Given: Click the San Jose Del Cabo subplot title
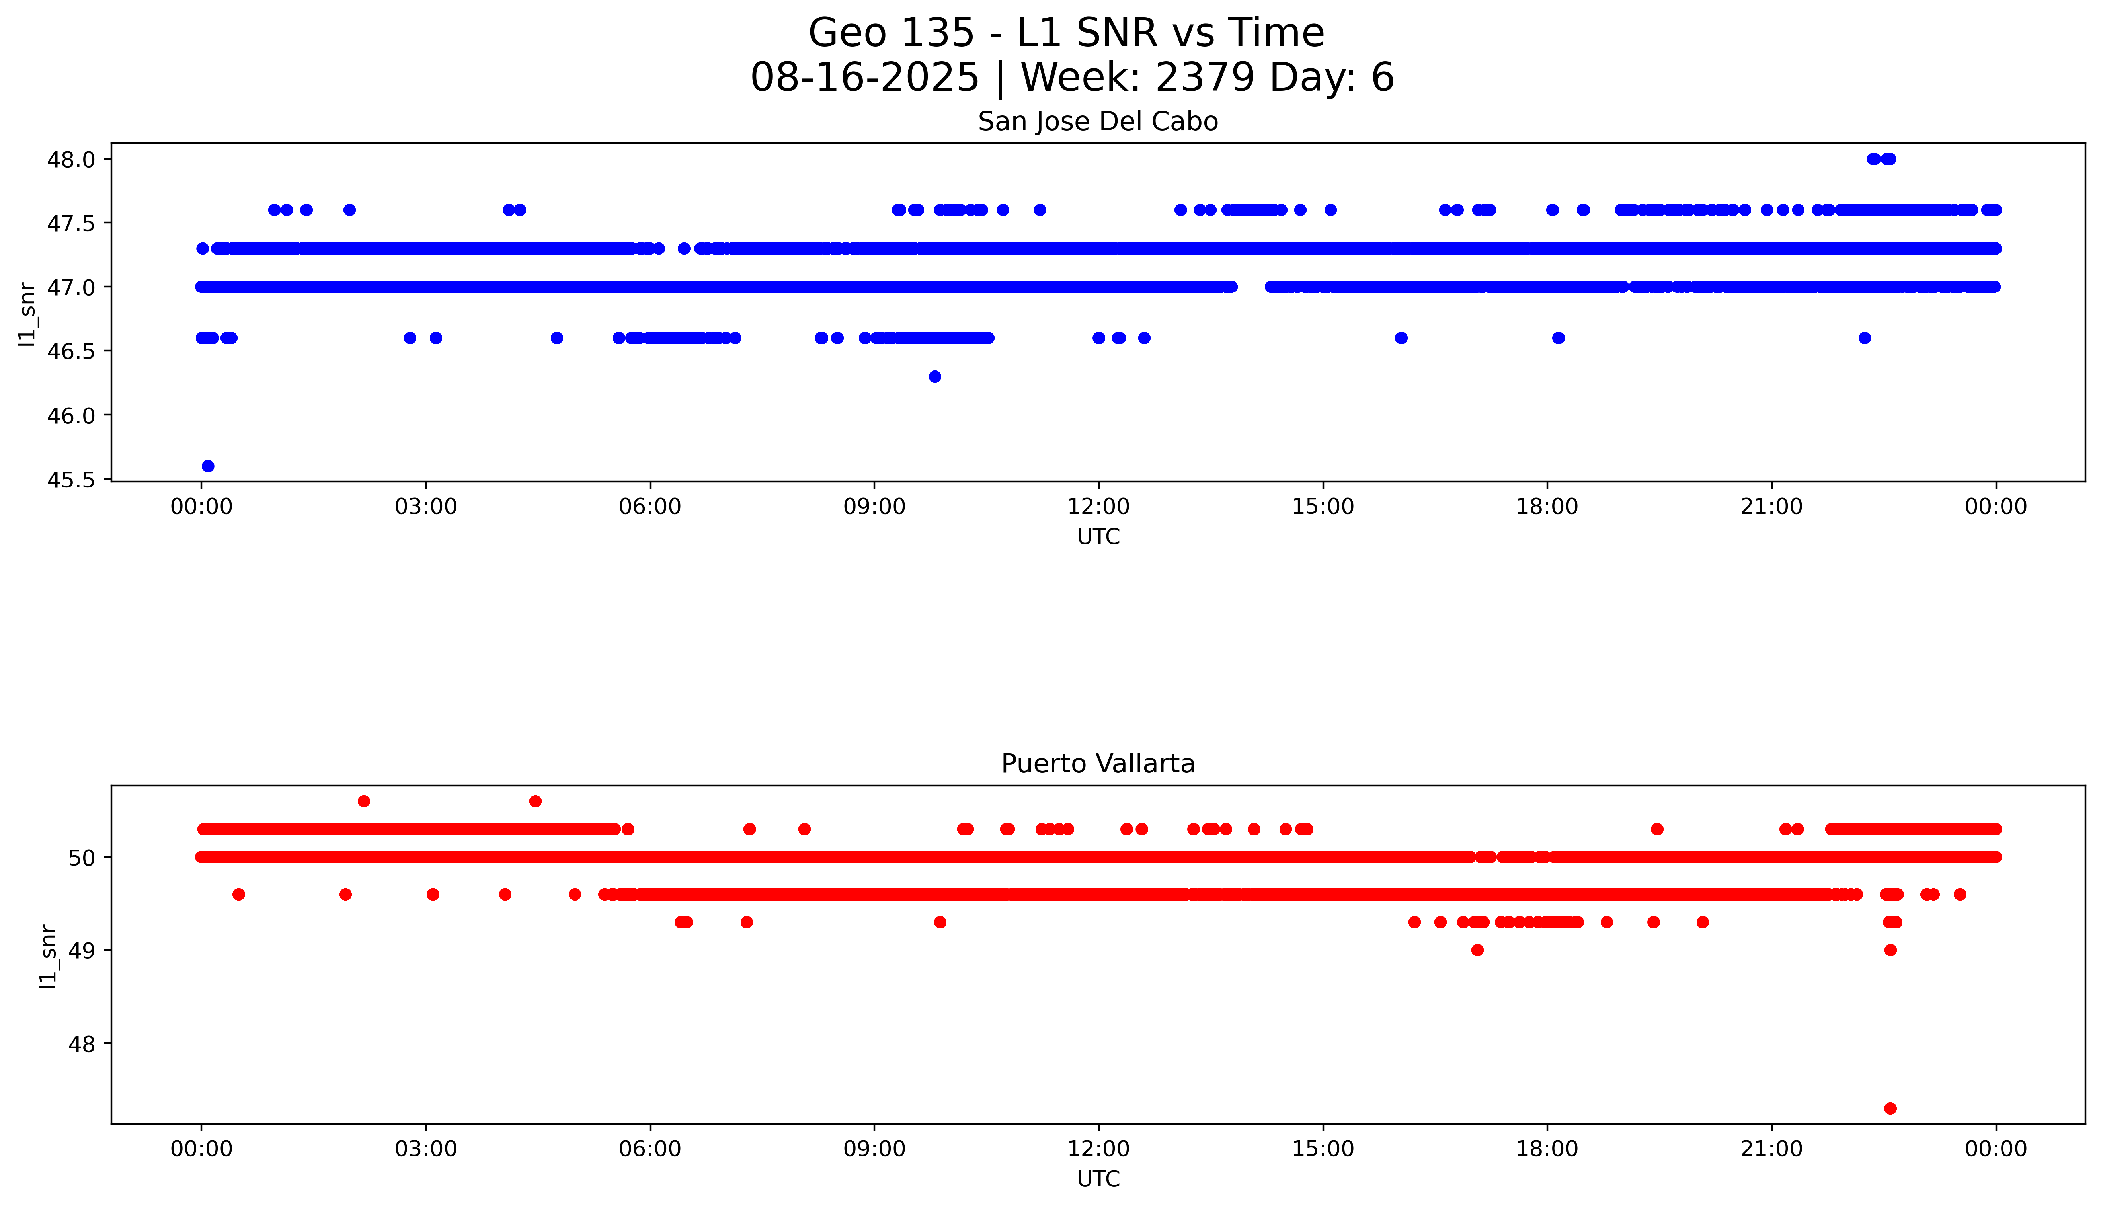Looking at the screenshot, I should pyautogui.click(x=1097, y=122).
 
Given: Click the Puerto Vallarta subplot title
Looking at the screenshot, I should pyautogui.click(x=1097, y=764).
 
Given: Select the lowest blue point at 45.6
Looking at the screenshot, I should pyautogui.click(x=208, y=466).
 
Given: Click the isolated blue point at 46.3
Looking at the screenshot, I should pyautogui.click(x=935, y=376).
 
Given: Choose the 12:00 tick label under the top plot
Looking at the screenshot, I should pyautogui.click(x=1098, y=507).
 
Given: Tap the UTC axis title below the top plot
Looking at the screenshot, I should pyautogui.click(x=1098, y=537).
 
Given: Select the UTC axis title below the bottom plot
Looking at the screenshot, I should pyautogui.click(x=1098, y=1179).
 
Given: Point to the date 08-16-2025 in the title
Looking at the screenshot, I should pyautogui.click(x=864, y=78).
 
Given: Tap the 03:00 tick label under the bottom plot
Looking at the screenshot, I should pyautogui.click(x=426, y=1149).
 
